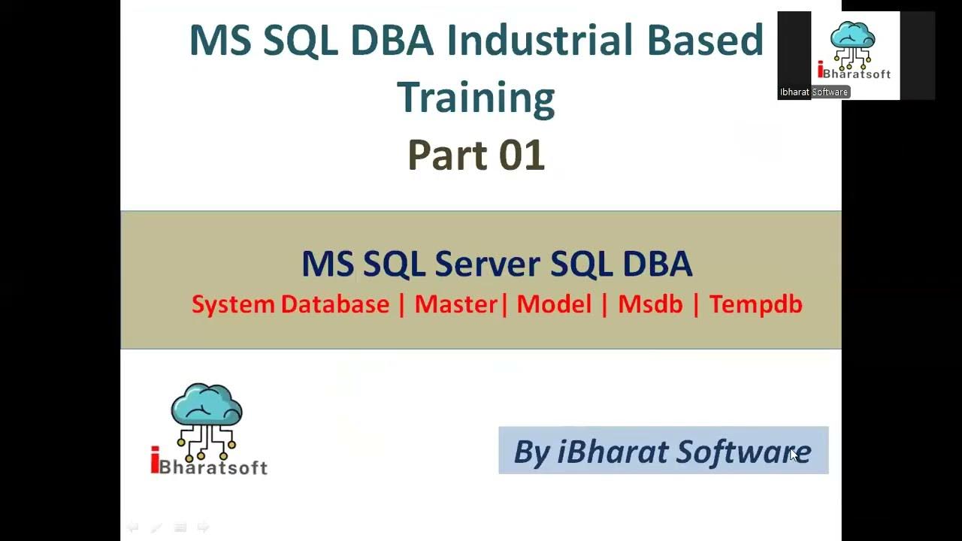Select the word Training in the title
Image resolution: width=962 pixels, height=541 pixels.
click(475, 98)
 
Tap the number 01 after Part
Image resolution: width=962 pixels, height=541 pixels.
click(520, 156)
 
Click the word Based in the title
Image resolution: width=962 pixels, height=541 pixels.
click(704, 41)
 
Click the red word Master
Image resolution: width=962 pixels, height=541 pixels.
click(455, 304)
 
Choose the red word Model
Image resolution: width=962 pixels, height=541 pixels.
click(554, 304)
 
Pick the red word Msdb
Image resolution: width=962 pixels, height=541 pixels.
click(650, 304)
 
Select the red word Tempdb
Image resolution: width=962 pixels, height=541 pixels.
click(755, 304)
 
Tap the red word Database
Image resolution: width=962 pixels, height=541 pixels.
click(335, 304)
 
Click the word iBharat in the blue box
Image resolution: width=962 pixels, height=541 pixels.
click(613, 452)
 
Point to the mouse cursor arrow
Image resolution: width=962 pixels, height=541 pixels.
click(793, 454)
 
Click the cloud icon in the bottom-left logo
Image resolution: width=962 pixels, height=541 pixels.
click(207, 407)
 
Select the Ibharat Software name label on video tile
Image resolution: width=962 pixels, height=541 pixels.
click(813, 92)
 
